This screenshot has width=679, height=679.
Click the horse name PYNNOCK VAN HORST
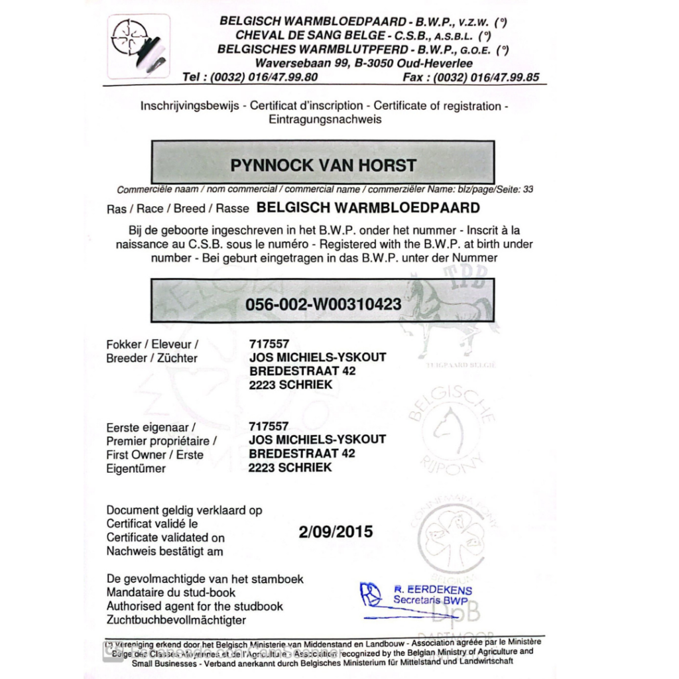[323, 165]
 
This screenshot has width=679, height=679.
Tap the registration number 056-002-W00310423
[323, 304]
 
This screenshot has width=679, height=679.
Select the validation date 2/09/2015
[336, 531]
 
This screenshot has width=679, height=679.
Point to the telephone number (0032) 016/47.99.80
[264, 77]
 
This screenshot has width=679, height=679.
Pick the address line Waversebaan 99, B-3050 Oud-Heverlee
[364, 64]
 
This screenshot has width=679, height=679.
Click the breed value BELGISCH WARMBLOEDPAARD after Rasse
[367, 208]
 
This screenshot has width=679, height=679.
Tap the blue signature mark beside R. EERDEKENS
[372, 593]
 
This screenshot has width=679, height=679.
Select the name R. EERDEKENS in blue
[432, 590]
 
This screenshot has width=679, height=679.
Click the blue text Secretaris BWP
[432, 600]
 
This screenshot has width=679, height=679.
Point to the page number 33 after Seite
[528, 189]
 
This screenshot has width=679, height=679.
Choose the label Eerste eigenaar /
[151, 427]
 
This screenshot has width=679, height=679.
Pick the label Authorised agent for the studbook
[194, 606]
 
